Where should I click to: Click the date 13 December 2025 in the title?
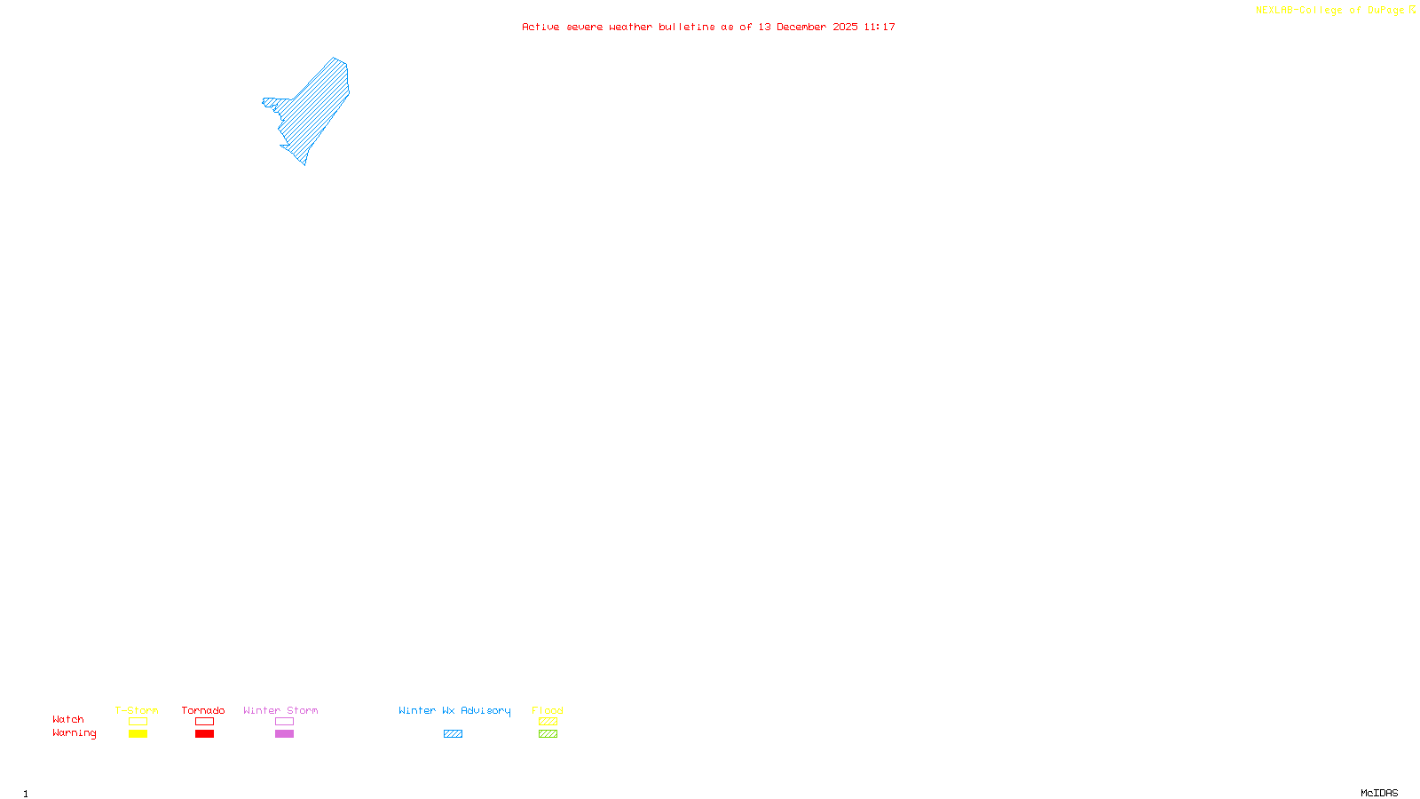[808, 28]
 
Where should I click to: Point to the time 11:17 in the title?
[880, 28]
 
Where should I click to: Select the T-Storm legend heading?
[137, 710]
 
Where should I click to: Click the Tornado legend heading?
[203, 710]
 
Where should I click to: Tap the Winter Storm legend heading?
[280, 710]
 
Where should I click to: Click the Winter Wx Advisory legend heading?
[454, 710]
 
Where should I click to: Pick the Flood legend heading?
[548, 710]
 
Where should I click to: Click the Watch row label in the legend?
[68, 720]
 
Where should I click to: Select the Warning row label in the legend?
[75, 733]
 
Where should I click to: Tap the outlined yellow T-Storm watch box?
[138, 722]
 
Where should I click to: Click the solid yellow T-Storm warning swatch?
[138, 734]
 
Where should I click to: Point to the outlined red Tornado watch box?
[204, 722]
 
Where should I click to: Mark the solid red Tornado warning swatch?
[204, 734]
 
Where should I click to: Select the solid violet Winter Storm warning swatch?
[284, 734]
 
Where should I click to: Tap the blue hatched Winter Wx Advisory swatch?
[453, 734]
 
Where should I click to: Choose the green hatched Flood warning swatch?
[548, 734]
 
